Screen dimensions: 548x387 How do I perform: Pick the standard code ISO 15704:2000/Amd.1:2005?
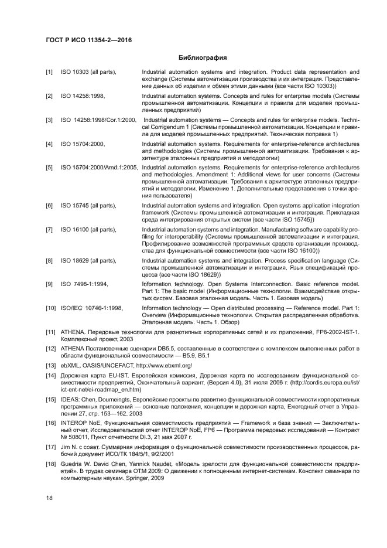coord(100,168)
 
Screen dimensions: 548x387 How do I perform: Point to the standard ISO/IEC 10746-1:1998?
coord(91,308)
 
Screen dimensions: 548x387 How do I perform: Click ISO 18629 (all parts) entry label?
coord(88,260)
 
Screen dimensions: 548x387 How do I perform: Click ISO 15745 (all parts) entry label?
coord(88,205)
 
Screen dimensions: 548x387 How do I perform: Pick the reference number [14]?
coord(51,376)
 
